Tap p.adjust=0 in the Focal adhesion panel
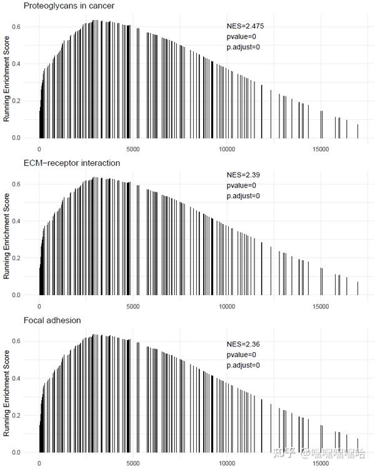(243, 365)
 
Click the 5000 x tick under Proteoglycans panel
(132, 149)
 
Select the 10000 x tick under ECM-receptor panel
(226, 306)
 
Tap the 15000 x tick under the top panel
(320, 149)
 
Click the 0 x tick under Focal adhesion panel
(39, 464)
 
